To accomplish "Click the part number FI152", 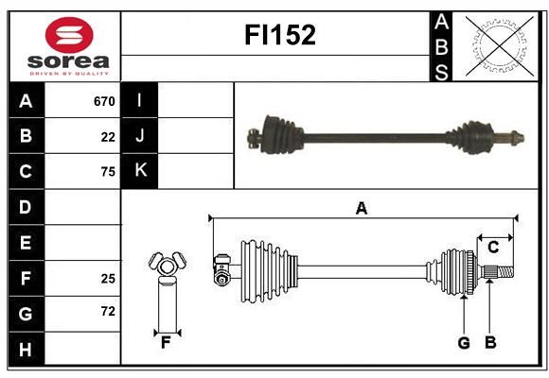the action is pyautogui.click(x=280, y=35).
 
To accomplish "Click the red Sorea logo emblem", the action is pyautogui.click(x=69, y=35).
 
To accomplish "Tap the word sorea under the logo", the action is pyautogui.click(x=68, y=61).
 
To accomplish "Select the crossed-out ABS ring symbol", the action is pyautogui.click(x=500, y=46).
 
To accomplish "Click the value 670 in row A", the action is pyautogui.click(x=104, y=101).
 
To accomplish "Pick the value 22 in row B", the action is pyautogui.click(x=108, y=137).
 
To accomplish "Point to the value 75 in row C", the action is pyautogui.click(x=108, y=172).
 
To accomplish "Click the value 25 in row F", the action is pyautogui.click(x=108, y=279).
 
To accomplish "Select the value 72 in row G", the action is pyautogui.click(x=108, y=311).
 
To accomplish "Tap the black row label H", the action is pyautogui.click(x=26, y=350).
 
